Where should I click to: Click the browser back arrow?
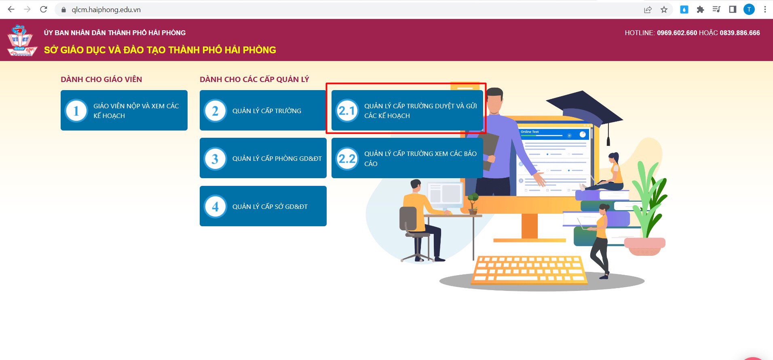tap(11, 9)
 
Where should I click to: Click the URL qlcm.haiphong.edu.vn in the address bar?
tap(106, 10)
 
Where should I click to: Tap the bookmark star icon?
tap(664, 9)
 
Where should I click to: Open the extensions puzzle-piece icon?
tap(700, 9)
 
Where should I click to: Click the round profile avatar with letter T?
tap(749, 9)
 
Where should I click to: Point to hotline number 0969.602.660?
tap(677, 33)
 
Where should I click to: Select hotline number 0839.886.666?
tap(739, 33)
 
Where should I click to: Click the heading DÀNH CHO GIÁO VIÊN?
tap(101, 79)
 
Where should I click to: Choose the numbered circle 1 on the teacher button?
tap(76, 111)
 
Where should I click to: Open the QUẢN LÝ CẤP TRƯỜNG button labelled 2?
tap(263, 110)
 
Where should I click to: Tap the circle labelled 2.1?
tap(347, 111)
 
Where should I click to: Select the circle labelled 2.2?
tap(347, 158)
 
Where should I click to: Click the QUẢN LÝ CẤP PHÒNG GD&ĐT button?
tap(263, 158)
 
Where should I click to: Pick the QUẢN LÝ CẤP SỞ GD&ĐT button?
tap(263, 206)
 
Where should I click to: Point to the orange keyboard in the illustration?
tap(529, 269)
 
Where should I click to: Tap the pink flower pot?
tap(644, 246)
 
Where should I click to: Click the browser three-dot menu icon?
tap(765, 9)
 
